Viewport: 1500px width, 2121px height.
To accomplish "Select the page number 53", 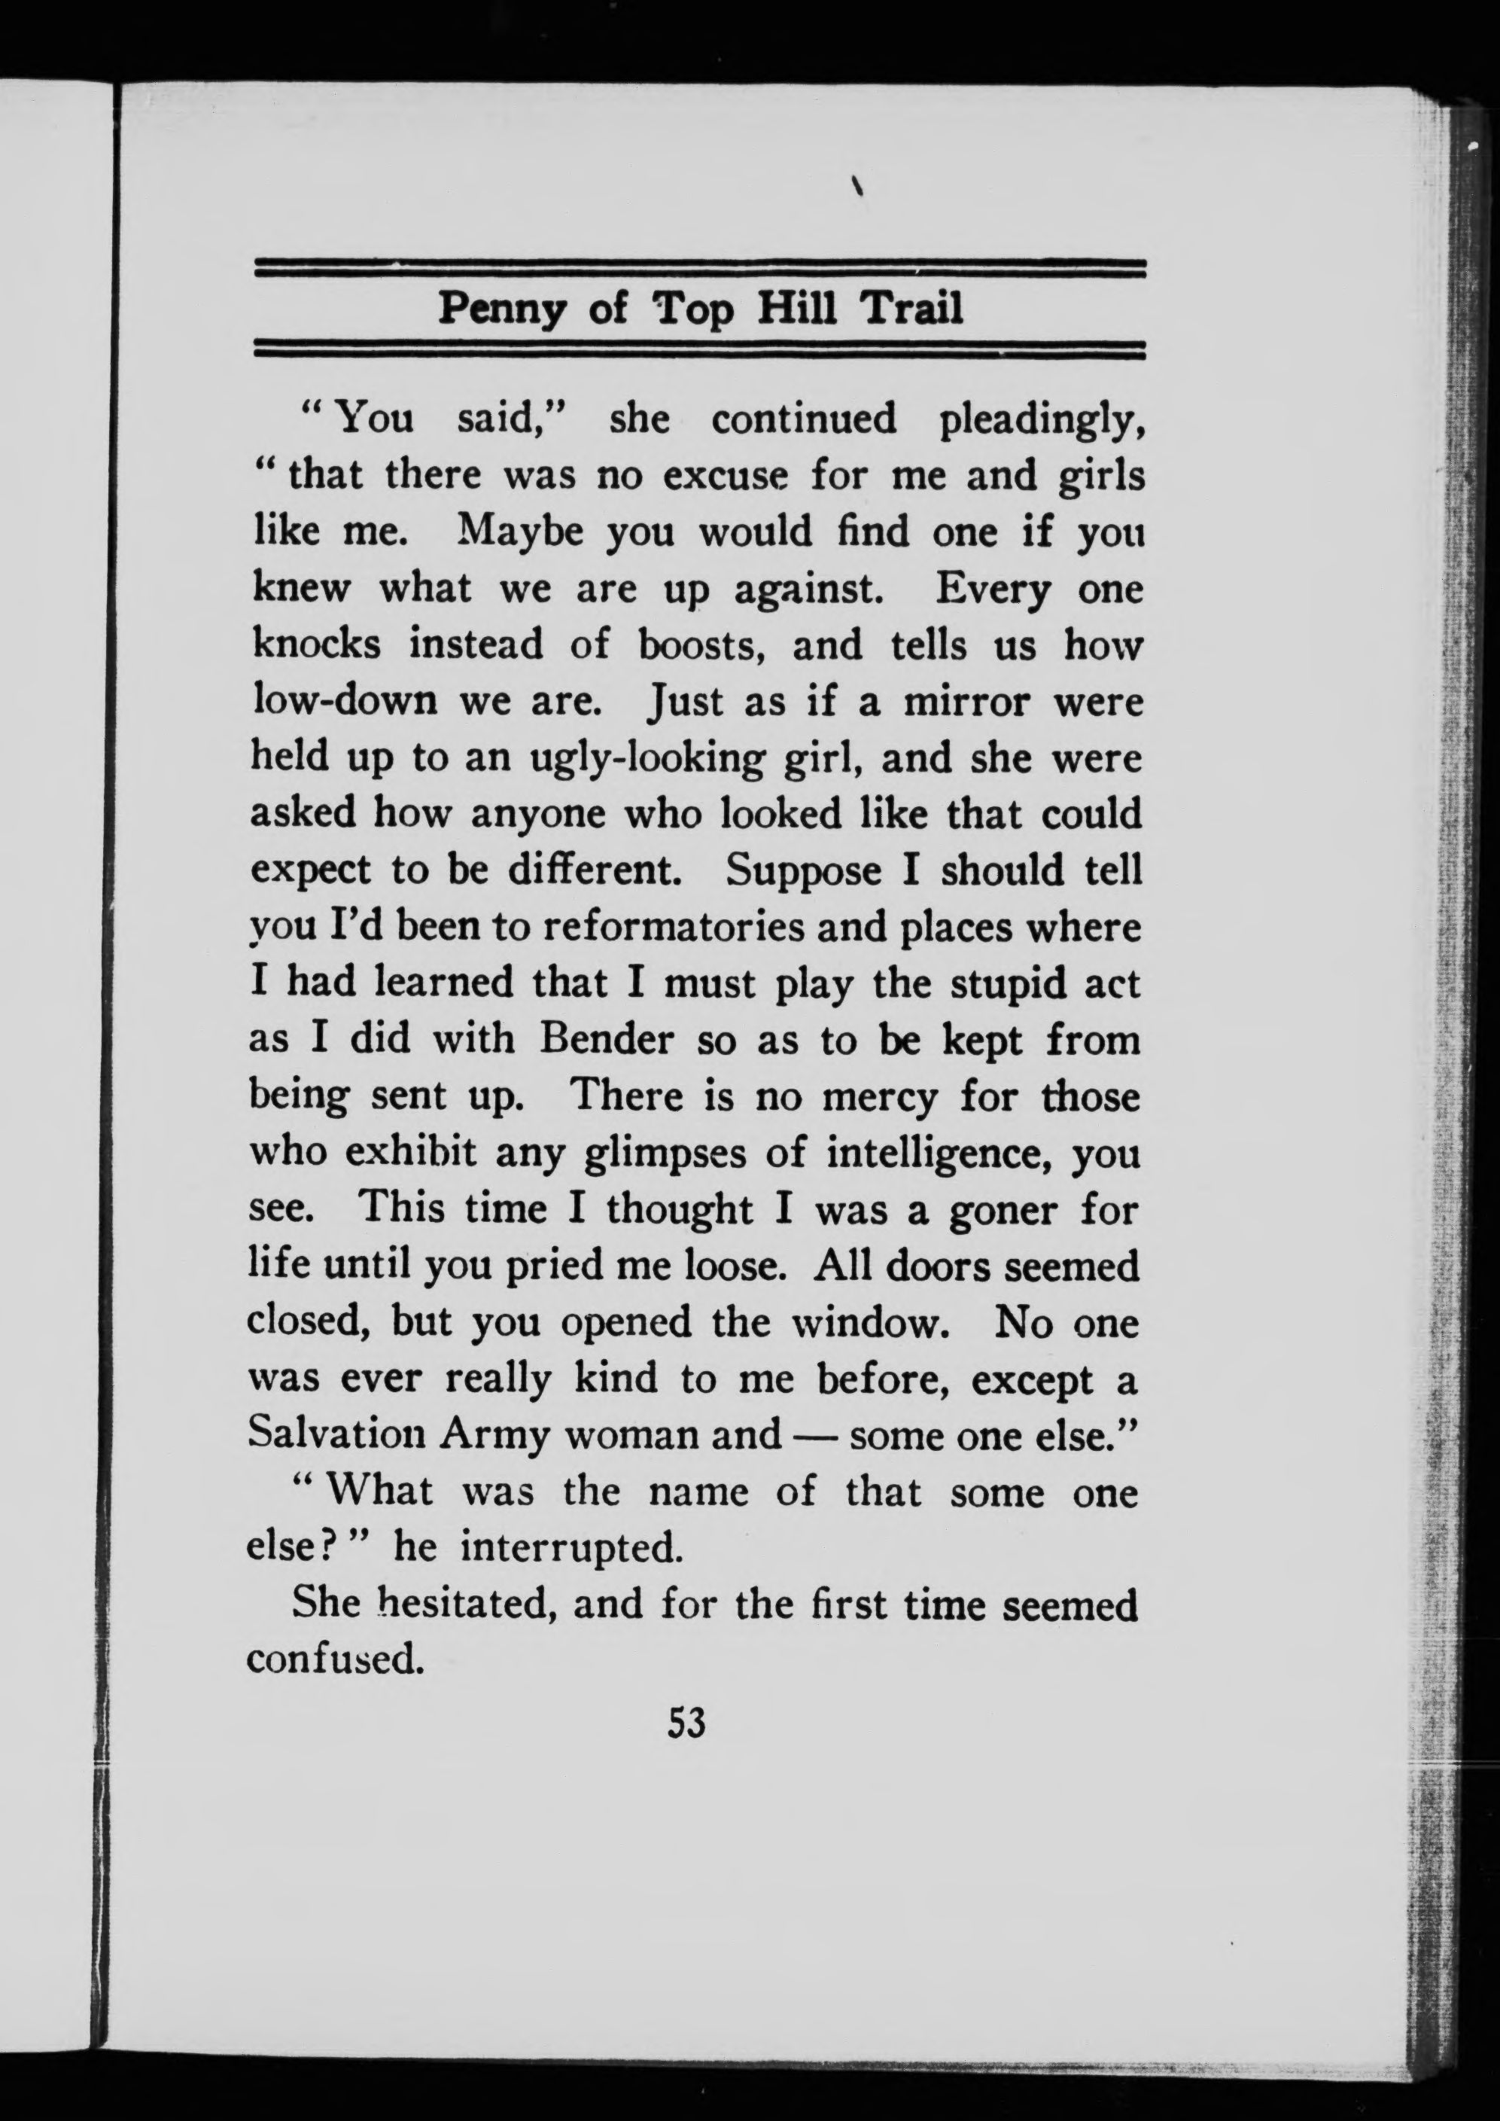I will coord(686,1723).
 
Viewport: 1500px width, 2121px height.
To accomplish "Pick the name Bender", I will coord(607,1039).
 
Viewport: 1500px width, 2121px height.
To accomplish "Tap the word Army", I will coord(493,1434).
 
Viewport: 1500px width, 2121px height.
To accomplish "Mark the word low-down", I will coord(345,702).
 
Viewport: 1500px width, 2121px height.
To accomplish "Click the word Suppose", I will coord(804,870).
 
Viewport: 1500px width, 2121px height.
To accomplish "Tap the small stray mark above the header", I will coord(858,187).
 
